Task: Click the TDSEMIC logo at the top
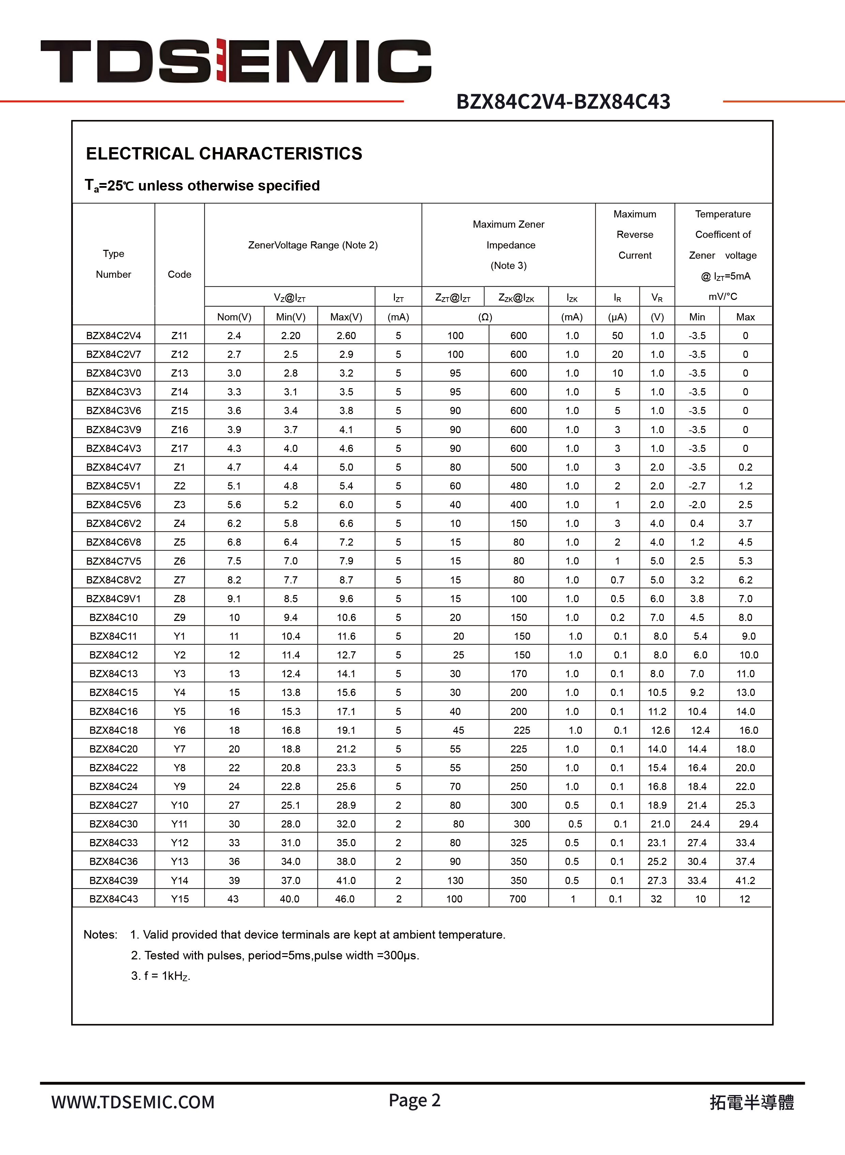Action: [x=236, y=61]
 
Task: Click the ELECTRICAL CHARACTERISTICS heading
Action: [x=224, y=153]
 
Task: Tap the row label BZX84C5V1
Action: [x=113, y=486]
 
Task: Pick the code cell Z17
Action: [x=180, y=449]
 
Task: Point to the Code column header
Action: [x=180, y=274]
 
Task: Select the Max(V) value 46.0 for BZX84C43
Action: [x=345, y=899]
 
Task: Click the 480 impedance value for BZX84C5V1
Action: [x=518, y=486]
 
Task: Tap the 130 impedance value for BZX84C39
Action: [x=455, y=880]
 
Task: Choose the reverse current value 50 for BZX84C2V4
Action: [x=617, y=336]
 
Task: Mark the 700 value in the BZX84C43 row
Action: [x=518, y=899]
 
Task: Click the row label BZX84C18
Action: [x=113, y=730]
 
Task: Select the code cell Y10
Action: [x=180, y=805]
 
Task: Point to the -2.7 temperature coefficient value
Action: [x=697, y=486]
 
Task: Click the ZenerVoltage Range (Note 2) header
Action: [x=313, y=245]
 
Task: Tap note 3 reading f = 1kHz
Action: [x=160, y=976]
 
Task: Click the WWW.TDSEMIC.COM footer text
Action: [x=133, y=1102]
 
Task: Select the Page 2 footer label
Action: [x=414, y=1100]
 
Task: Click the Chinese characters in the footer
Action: [x=751, y=1102]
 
